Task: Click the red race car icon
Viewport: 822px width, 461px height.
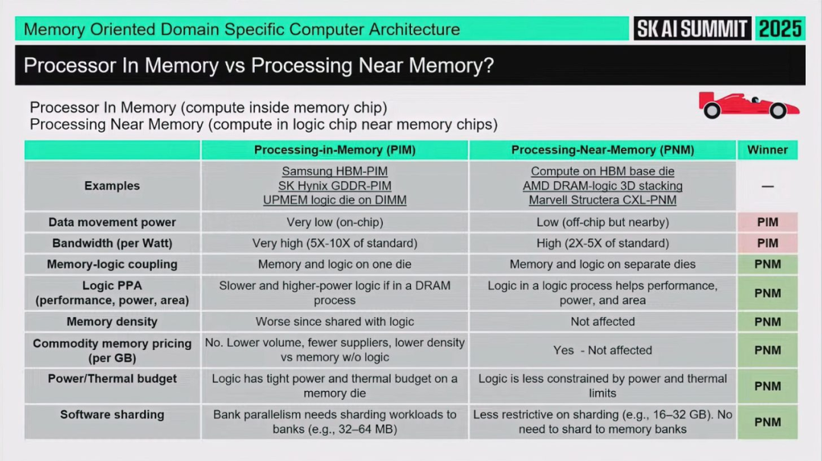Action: pos(749,106)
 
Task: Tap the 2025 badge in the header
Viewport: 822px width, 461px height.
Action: pos(780,29)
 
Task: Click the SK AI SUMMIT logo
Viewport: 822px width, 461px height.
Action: pos(692,29)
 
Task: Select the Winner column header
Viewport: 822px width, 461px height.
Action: pos(767,150)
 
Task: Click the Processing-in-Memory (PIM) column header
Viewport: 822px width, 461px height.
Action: pos(335,150)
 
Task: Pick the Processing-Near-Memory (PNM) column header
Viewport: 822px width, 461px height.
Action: pos(603,150)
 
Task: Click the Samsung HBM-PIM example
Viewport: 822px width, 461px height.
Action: pos(335,172)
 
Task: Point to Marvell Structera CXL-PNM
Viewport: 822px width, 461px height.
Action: pos(603,200)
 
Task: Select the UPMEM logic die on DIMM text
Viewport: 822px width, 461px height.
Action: pos(335,200)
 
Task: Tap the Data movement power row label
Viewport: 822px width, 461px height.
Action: pos(112,222)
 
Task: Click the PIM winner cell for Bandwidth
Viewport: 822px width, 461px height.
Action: pos(767,243)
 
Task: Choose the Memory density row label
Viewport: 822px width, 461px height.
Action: pos(112,322)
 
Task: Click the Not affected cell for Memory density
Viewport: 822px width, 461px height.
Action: pos(603,322)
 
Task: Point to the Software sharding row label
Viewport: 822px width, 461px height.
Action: pos(112,415)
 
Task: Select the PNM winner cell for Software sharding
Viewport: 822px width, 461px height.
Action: pos(767,422)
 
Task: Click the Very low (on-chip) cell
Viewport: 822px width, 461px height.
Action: pos(335,222)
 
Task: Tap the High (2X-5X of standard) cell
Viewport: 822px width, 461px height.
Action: pos(603,243)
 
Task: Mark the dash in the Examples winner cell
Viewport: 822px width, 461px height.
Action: pos(767,186)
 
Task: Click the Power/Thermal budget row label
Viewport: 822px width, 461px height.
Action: pos(112,378)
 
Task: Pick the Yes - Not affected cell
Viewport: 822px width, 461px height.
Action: pos(603,350)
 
